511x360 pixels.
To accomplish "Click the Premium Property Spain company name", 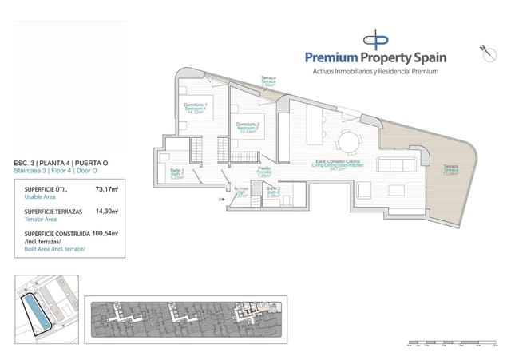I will pyautogui.click(x=376, y=57).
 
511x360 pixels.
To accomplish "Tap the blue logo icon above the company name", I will pyautogui.click(x=375, y=38).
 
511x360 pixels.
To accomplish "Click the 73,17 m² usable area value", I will pyautogui.click(x=106, y=189).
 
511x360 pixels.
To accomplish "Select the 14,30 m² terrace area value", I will pyautogui.click(x=106, y=212).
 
